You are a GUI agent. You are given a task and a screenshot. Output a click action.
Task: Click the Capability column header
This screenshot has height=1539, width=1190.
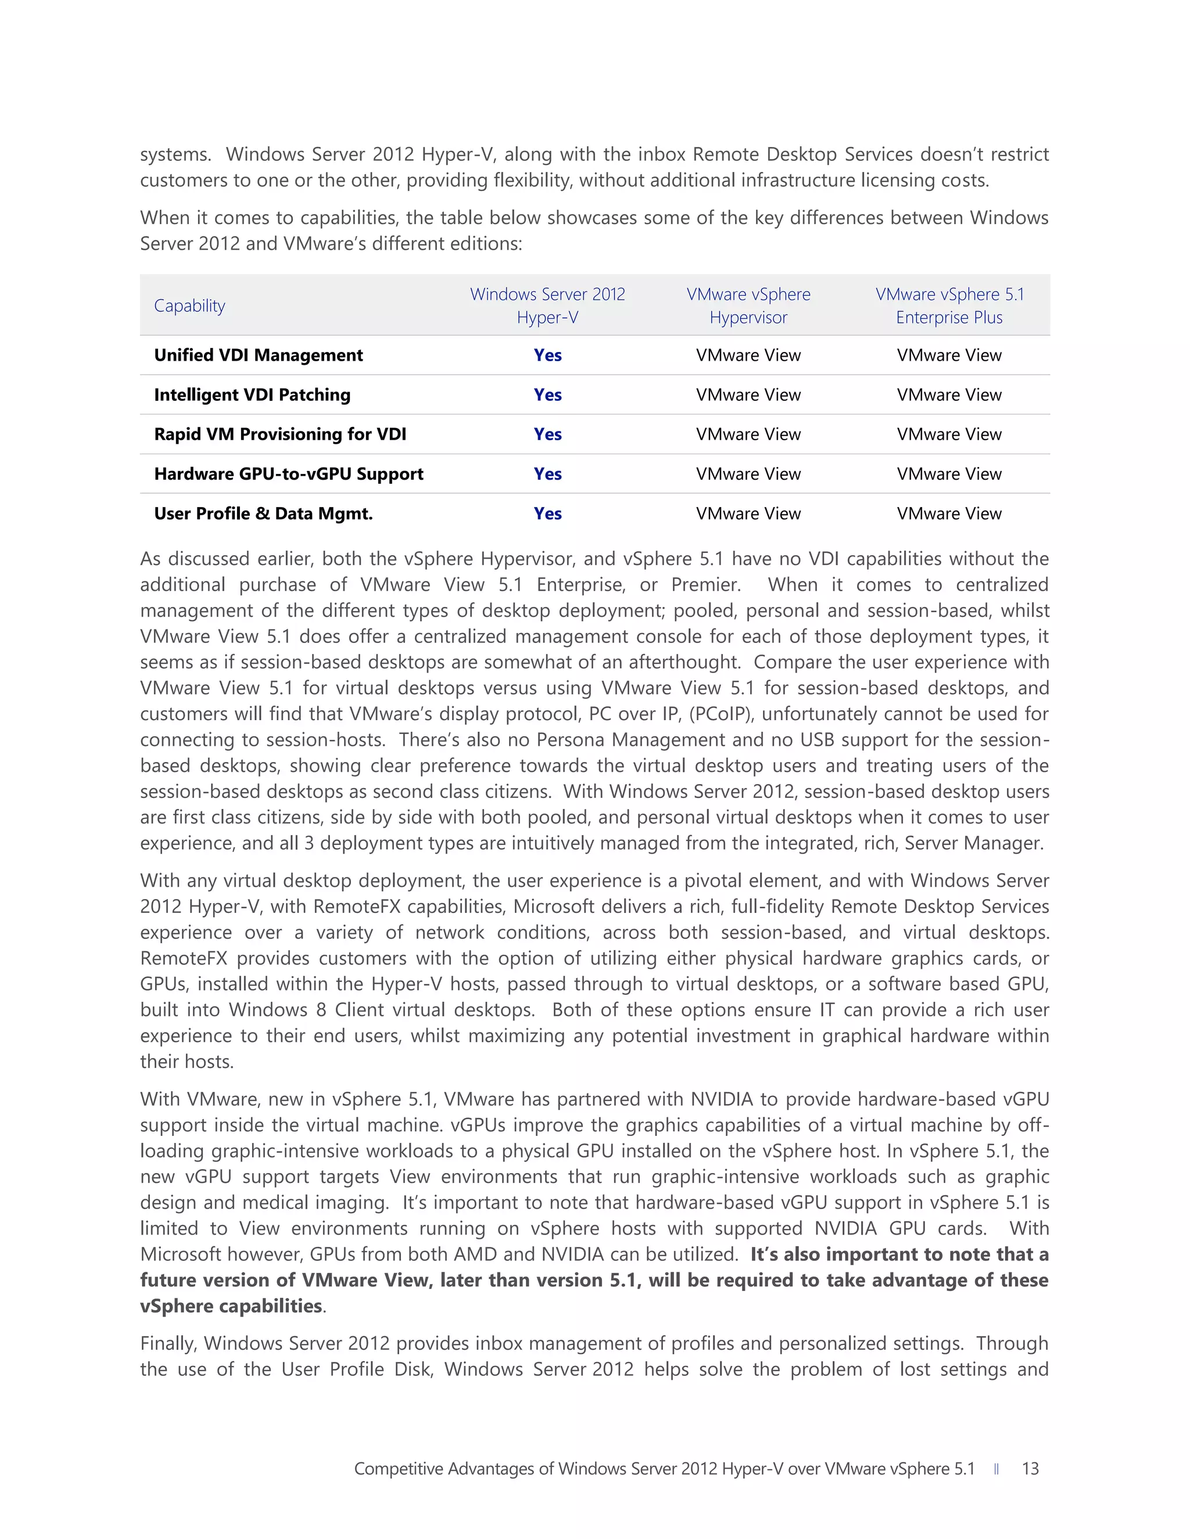coord(189,306)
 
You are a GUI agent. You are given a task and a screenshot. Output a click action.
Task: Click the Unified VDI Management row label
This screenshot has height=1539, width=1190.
coord(258,355)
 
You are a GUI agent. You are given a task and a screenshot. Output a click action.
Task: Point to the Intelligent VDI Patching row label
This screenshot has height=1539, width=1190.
coord(252,394)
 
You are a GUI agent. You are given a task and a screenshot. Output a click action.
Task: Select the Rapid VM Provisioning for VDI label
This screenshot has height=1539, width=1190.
coord(280,434)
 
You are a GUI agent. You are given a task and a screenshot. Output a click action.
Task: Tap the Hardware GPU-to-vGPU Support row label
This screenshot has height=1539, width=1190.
coord(288,473)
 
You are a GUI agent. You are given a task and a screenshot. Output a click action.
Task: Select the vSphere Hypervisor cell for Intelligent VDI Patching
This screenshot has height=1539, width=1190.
coord(748,394)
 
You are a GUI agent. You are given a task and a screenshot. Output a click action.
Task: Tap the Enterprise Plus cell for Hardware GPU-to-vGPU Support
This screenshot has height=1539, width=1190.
coord(949,473)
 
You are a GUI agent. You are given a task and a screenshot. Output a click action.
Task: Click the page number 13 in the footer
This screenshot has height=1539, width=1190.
coord(1030,1469)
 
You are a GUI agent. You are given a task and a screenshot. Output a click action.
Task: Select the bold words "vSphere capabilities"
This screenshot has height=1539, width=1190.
coord(231,1306)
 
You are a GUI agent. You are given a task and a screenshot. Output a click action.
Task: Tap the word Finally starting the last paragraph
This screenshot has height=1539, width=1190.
coord(169,1344)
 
